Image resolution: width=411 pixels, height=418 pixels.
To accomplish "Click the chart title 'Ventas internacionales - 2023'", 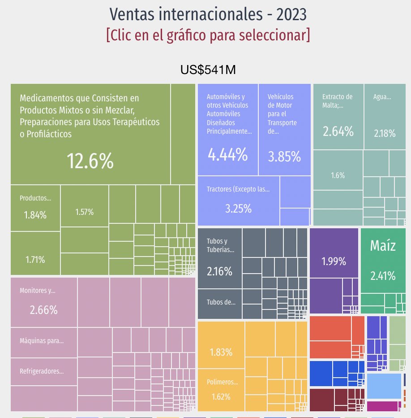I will (x=208, y=14).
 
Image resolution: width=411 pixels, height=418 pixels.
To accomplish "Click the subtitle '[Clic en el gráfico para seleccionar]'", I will (x=208, y=35).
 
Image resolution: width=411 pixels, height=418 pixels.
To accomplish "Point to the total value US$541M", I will (x=208, y=70).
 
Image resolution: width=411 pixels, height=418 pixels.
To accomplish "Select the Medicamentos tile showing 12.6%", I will (x=90, y=135).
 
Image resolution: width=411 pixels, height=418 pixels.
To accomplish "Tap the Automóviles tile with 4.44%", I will (x=227, y=130).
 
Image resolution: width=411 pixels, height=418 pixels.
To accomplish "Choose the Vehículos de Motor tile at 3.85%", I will (x=284, y=130).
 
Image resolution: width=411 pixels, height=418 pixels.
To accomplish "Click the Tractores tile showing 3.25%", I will (x=238, y=200).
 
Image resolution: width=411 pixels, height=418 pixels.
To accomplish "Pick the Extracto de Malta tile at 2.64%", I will (x=338, y=117).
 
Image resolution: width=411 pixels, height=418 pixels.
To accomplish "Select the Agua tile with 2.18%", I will (x=385, y=117).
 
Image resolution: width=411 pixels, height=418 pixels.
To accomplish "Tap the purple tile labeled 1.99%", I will (x=334, y=253).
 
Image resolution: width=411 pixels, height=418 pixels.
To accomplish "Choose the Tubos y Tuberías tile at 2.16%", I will (x=219, y=258).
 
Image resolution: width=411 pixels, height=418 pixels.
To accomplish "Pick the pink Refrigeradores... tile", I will (x=43, y=372).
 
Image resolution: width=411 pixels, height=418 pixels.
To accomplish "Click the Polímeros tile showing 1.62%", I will (x=221, y=389).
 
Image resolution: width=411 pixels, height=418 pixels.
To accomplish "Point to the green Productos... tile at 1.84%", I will (x=35, y=208).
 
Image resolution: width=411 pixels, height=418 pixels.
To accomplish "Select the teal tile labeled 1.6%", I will (x=338, y=170).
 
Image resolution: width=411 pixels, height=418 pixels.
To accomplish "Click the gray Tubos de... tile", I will (x=219, y=303).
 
